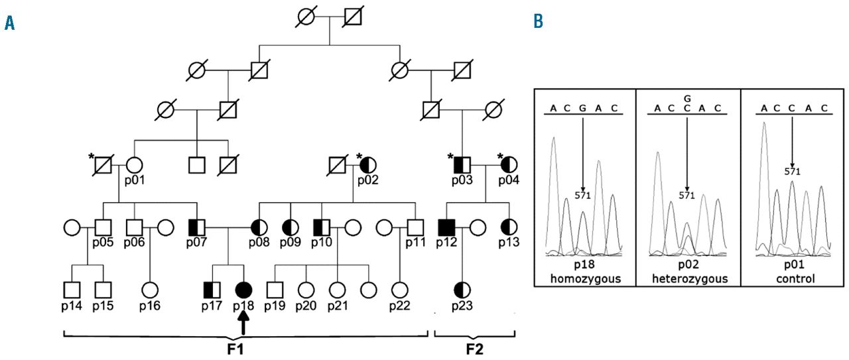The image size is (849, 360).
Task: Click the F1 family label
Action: coord(244,349)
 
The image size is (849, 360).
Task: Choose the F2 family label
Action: coord(474,349)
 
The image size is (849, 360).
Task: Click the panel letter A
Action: coord(9,24)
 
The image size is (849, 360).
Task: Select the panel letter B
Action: coord(538,23)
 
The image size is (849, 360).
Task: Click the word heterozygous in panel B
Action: coord(687,278)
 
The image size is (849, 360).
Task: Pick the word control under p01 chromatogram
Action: coord(791,278)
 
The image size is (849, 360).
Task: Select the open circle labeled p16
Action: coord(150,290)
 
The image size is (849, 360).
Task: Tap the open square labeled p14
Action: coord(72,290)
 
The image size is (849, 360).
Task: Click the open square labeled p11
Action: coord(415,227)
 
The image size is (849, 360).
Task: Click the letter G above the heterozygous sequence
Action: coord(687,99)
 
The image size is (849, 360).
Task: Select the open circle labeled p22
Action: coord(399,290)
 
